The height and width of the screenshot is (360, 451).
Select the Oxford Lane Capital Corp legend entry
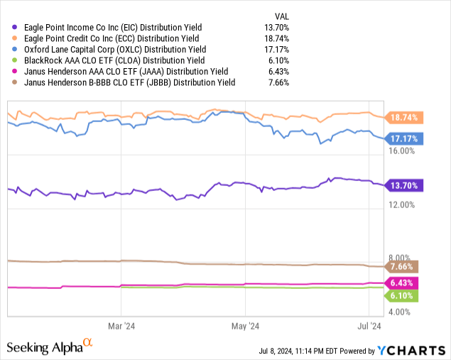tap(115, 49)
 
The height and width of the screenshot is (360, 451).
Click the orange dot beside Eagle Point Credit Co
tap(7, 38)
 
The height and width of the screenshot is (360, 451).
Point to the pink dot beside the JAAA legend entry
tap(7, 72)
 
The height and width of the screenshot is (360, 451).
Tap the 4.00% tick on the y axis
tap(401, 312)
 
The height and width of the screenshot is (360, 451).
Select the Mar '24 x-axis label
tap(121, 327)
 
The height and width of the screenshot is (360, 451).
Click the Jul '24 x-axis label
tap(369, 327)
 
